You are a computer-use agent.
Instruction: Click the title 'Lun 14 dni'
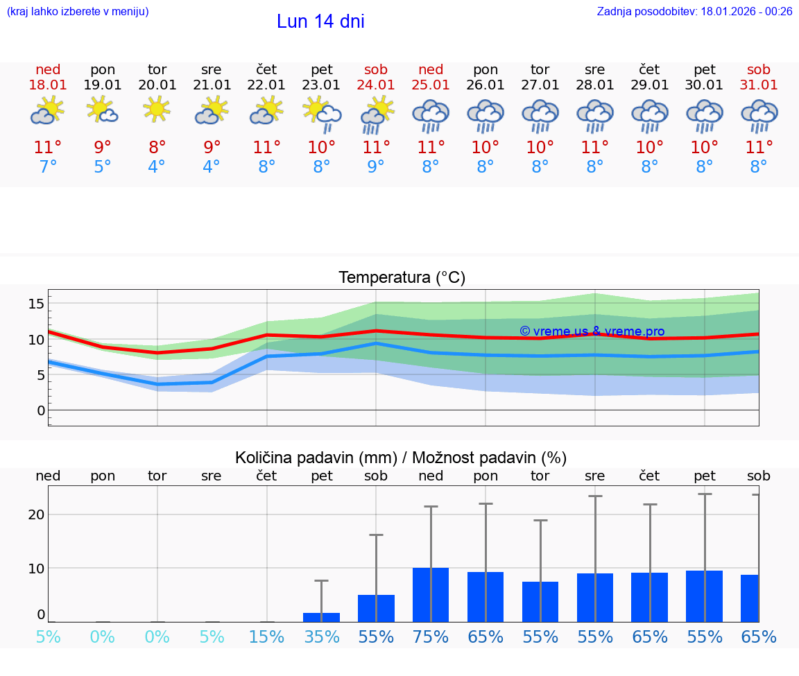[320, 21]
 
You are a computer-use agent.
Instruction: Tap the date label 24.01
[376, 85]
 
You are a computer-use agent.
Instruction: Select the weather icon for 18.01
[48, 111]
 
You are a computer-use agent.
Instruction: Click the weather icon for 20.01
[157, 110]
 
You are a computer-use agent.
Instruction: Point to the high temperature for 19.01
[103, 148]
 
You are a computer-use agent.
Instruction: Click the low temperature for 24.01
[376, 167]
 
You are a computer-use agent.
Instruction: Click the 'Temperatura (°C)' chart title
[402, 278]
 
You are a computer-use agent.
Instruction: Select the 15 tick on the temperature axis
[37, 304]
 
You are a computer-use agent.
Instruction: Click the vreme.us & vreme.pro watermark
[592, 331]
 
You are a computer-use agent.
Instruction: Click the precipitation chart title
[401, 458]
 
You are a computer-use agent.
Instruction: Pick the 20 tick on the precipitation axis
[37, 514]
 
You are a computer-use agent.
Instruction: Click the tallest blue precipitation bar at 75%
[431, 595]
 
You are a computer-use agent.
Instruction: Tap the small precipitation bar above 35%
[322, 617]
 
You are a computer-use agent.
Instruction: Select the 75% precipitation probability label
[431, 636]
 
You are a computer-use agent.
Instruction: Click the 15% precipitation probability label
[267, 636]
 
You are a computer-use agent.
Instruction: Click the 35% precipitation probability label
[322, 636]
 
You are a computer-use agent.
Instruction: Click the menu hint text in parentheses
[78, 11]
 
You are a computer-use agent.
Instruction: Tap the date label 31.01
[759, 85]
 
